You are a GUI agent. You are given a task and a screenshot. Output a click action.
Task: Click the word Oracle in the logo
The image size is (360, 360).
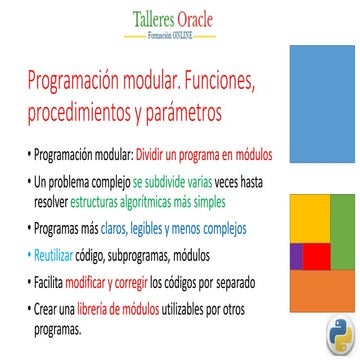[x=195, y=20]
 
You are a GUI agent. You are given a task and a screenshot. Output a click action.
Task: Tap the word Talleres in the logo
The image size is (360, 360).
[x=153, y=20]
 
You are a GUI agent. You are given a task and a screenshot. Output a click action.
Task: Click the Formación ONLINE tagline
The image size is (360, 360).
[x=170, y=36]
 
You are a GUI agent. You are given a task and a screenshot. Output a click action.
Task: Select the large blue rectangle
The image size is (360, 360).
[x=322, y=104]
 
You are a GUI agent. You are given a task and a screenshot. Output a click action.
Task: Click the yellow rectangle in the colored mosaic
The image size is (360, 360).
[x=310, y=219]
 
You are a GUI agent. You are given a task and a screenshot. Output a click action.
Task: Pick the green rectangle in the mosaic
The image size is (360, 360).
[x=343, y=232]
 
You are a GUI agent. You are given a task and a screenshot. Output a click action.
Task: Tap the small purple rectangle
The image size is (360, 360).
[x=296, y=257]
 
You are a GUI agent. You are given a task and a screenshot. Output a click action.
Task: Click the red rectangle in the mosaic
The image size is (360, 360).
[x=316, y=257]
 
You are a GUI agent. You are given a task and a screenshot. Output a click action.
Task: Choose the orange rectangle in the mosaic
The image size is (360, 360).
[x=322, y=291]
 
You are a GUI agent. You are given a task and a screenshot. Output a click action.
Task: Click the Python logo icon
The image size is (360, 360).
[x=340, y=335]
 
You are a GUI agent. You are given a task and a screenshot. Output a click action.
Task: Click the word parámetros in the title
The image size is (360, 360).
[x=183, y=113]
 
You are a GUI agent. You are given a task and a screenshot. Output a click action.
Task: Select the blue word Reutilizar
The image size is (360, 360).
[x=53, y=256]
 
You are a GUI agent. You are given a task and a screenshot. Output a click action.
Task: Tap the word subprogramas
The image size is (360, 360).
[x=139, y=257]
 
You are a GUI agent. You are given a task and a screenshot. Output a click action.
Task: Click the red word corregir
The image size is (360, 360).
[x=131, y=284]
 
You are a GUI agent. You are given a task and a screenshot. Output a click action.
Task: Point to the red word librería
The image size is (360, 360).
[x=92, y=310]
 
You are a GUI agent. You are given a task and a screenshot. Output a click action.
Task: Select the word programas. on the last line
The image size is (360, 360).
[x=58, y=330]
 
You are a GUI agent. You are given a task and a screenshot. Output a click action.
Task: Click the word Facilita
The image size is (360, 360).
[x=48, y=283]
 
